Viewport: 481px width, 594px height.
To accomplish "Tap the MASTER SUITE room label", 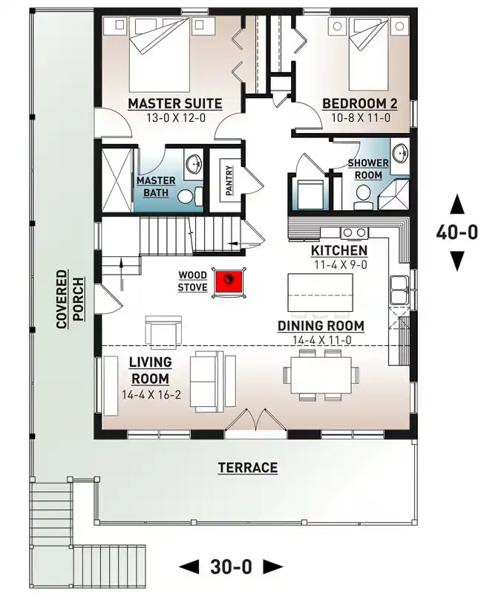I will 174,102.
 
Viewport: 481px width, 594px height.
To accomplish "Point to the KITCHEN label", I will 338,250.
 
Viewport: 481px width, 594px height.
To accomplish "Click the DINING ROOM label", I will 321,325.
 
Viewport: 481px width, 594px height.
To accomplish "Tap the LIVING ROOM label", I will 150,369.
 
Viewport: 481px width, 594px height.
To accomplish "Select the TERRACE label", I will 248,468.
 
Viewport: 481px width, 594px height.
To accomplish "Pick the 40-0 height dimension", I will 457,232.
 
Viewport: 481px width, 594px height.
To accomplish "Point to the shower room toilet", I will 362,195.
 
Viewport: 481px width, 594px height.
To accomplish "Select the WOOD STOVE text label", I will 192,281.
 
